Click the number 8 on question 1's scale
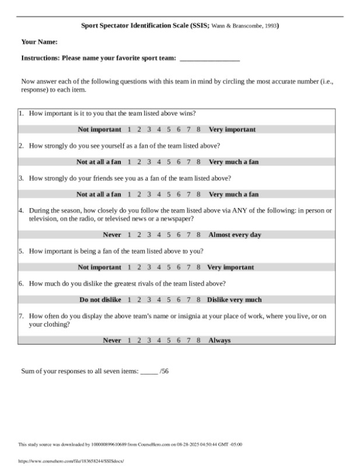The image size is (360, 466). tap(198, 129)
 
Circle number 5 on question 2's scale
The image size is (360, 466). tap(169, 162)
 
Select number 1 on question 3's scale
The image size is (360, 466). tap(129, 194)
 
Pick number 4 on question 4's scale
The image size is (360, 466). tap(159, 235)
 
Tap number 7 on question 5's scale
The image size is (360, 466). tap(188, 268)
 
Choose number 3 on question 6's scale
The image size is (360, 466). tap(149, 300)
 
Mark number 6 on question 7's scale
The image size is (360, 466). tap(179, 341)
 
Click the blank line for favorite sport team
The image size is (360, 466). tap(209, 59)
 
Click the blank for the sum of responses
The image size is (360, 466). tap(149, 371)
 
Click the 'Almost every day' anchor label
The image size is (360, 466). tap(235, 235)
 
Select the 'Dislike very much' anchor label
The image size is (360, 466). tap(235, 300)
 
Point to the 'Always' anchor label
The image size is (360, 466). tap(219, 341)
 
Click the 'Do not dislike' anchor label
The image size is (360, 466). tap(100, 300)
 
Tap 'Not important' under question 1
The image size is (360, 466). tap(99, 129)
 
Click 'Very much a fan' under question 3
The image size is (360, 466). tap(233, 194)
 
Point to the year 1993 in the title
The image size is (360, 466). tap(271, 26)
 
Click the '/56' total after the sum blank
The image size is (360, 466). tap(164, 371)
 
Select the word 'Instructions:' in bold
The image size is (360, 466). tap(40, 58)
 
